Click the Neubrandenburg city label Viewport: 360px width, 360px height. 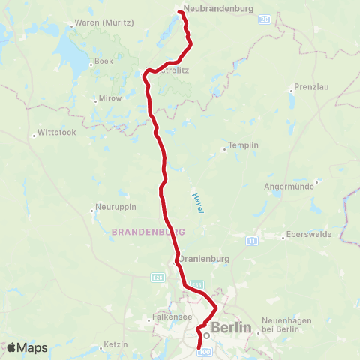(x=218, y=10)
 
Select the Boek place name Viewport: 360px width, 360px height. (x=103, y=61)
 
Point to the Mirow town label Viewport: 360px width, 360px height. (x=109, y=98)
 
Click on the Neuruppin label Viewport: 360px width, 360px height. (x=115, y=208)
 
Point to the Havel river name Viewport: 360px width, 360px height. (x=197, y=202)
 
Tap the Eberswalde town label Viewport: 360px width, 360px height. (x=308, y=235)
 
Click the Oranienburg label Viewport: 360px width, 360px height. (x=205, y=257)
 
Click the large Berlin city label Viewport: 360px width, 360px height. (x=231, y=328)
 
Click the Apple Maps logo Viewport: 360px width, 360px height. (x=27, y=348)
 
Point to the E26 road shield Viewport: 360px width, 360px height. (x=157, y=277)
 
